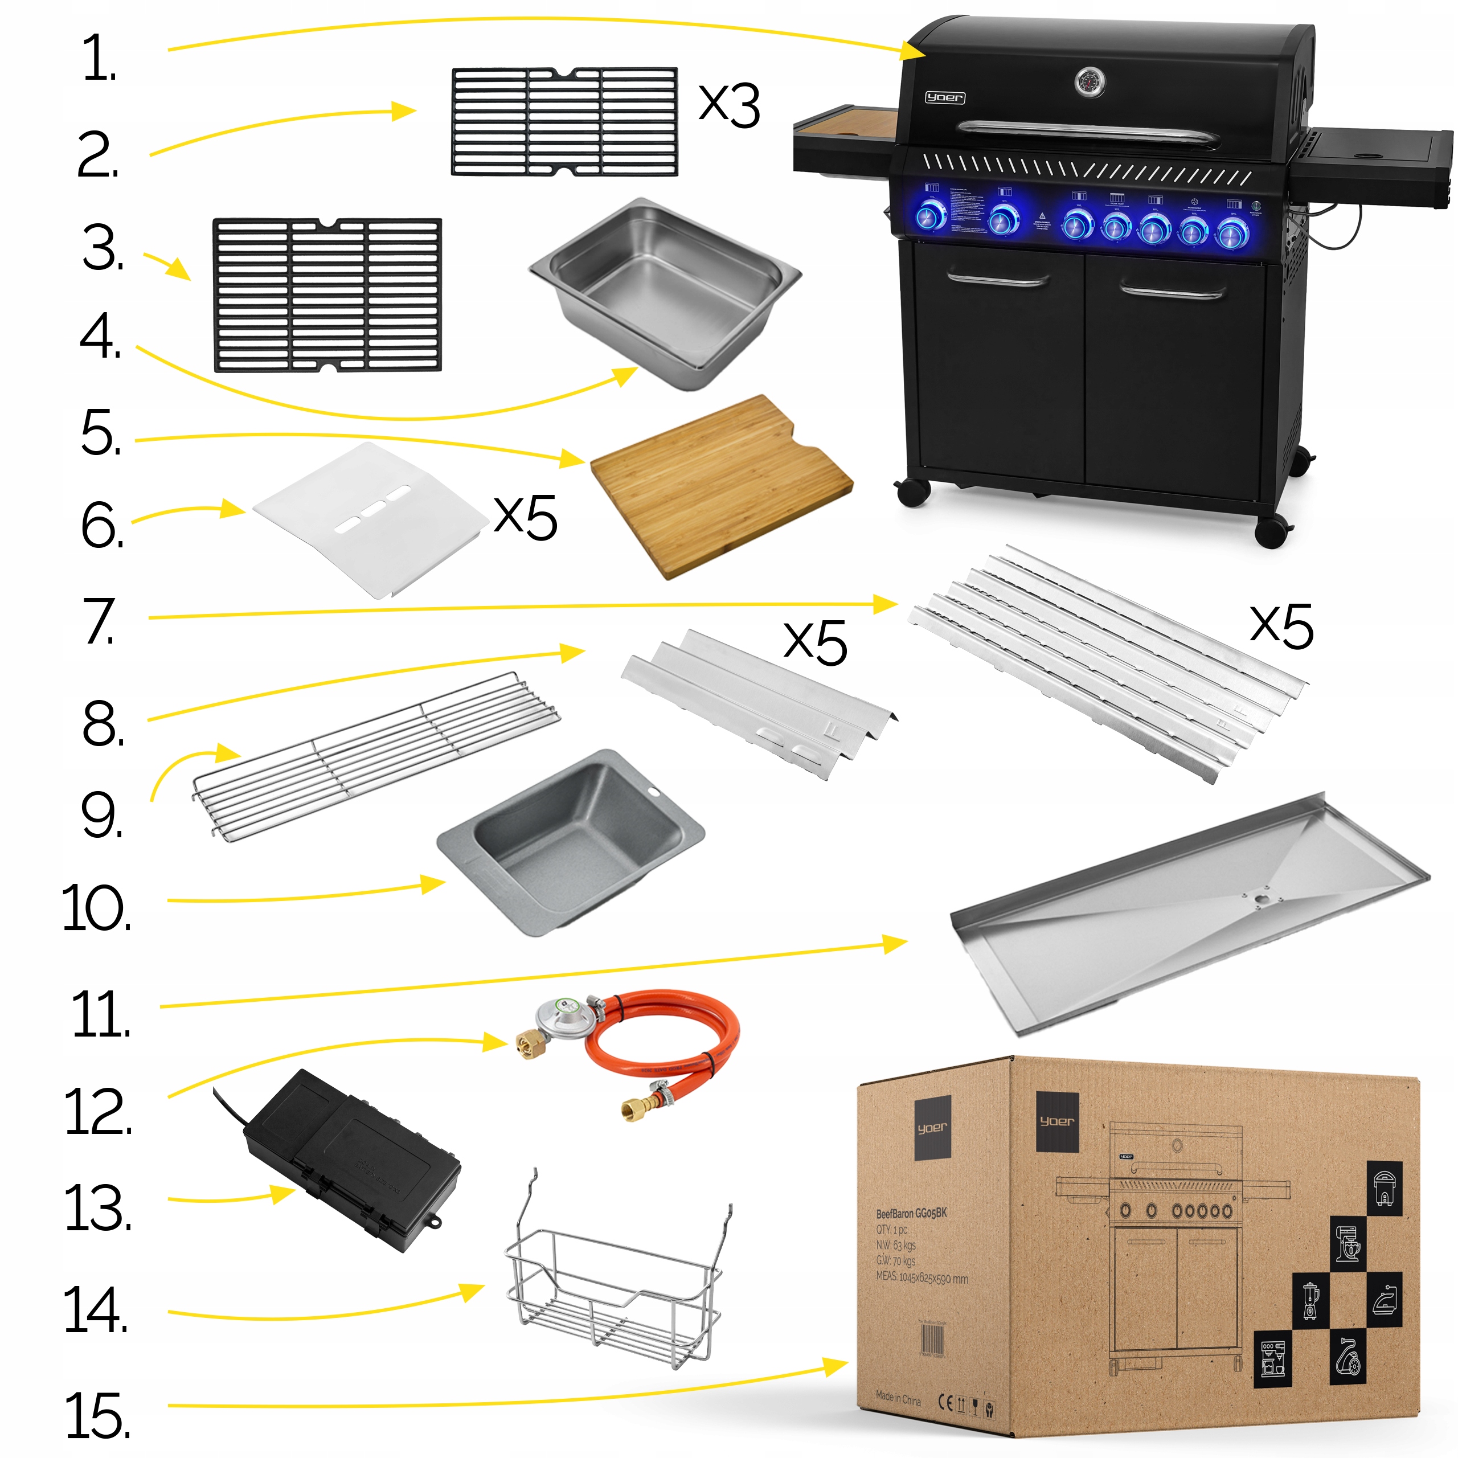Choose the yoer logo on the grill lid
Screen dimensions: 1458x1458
(945, 97)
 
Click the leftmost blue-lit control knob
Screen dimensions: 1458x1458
(931, 218)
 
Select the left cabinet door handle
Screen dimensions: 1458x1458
(998, 281)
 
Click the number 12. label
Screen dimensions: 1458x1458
(98, 1112)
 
